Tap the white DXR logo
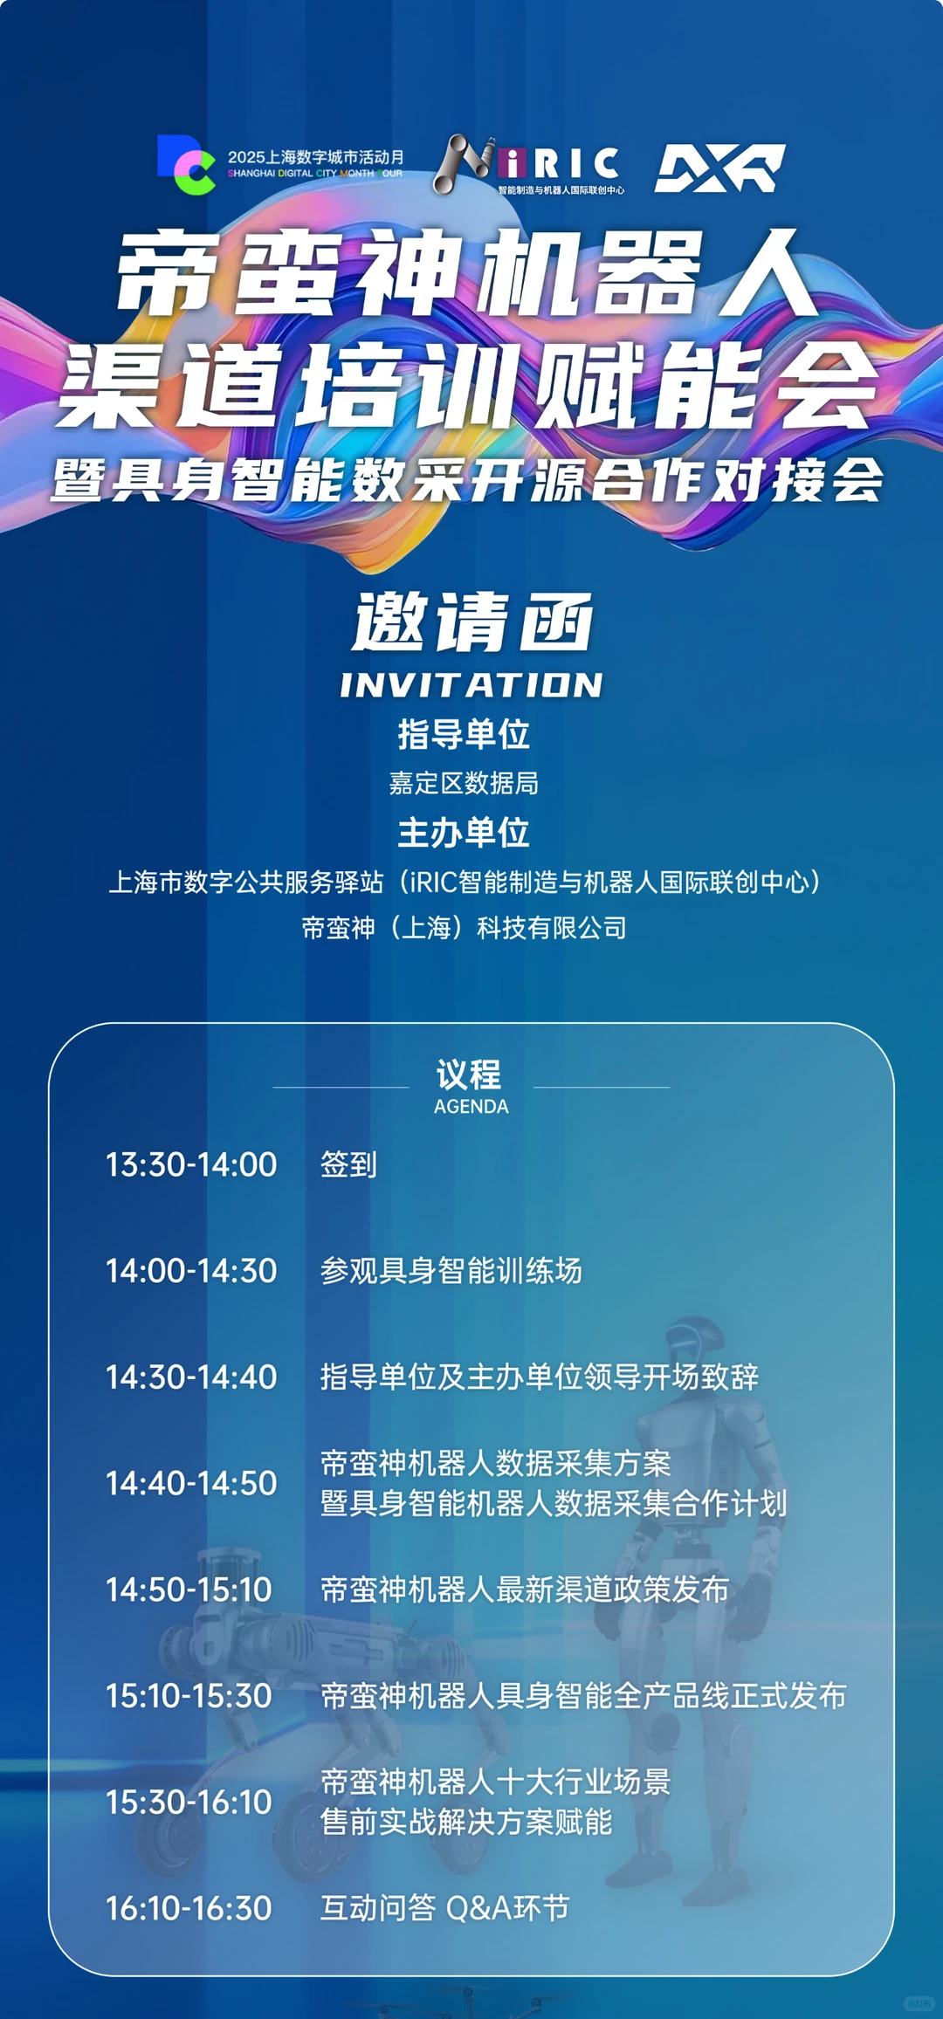(x=719, y=168)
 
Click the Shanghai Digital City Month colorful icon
(x=186, y=163)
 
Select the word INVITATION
(x=471, y=685)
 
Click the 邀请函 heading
(x=471, y=621)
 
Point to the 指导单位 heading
(x=464, y=734)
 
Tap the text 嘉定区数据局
(x=464, y=783)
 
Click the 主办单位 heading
(x=464, y=833)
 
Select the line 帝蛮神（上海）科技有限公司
(x=464, y=927)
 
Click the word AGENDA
(x=471, y=1106)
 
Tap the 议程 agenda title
(x=469, y=1075)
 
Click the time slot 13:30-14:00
(x=191, y=1164)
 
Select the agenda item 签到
(x=348, y=1164)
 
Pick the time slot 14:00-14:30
(x=191, y=1271)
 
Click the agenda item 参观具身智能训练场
(x=451, y=1271)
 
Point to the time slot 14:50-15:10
(x=189, y=1590)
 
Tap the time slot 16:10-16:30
(x=189, y=1908)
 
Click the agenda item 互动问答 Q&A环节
(x=444, y=1908)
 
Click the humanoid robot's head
(x=695, y=1349)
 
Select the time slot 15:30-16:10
(x=189, y=1802)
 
